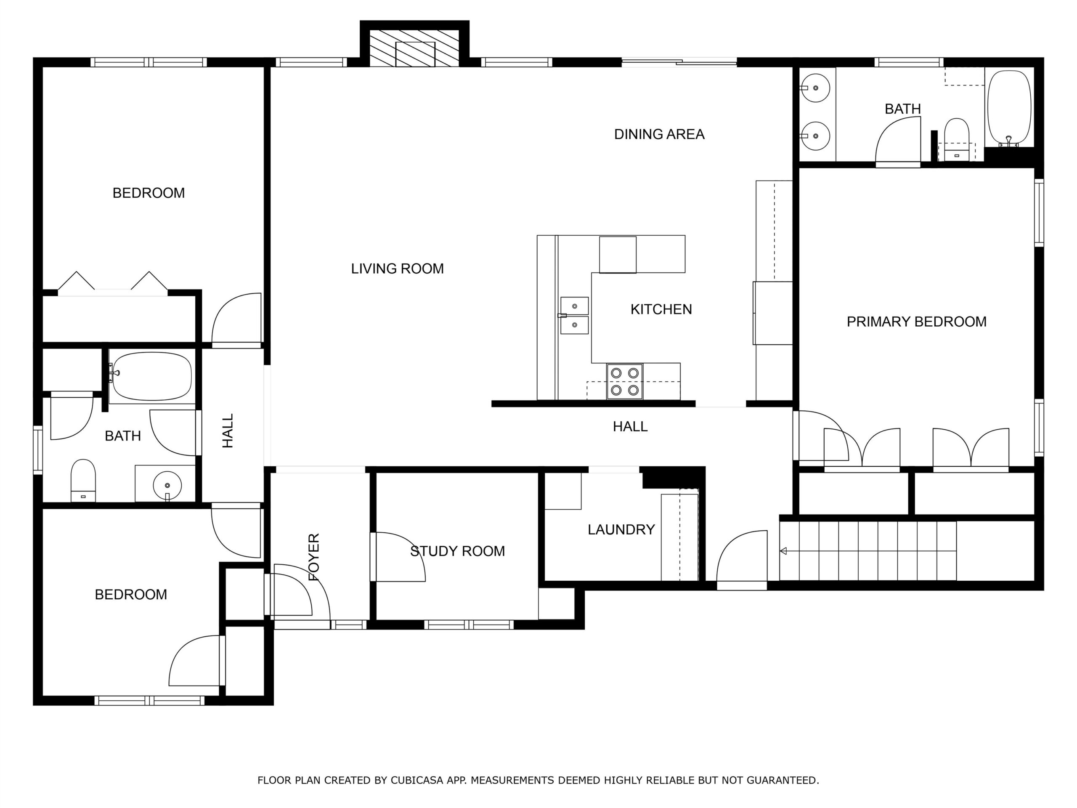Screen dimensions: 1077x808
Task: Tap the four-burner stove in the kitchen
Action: pos(625,381)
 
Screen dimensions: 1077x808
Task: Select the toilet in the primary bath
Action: pos(957,139)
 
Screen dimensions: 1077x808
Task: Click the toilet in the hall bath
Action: pos(83,480)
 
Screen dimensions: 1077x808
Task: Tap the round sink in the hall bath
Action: pos(167,486)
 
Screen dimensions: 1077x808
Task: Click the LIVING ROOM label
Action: pos(397,268)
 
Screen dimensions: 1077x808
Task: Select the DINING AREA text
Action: pos(659,134)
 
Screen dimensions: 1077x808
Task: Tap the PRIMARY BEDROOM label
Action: pos(916,322)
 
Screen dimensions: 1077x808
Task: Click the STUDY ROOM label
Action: pos(457,551)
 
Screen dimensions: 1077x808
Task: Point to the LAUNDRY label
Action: pos(621,529)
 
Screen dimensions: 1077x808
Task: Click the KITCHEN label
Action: pos(661,309)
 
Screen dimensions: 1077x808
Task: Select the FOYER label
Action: pos(314,557)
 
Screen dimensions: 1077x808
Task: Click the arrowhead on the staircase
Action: pos(783,551)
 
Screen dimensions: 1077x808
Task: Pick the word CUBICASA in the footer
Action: pos(417,780)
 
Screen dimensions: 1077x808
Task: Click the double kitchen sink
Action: pos(575,316)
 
